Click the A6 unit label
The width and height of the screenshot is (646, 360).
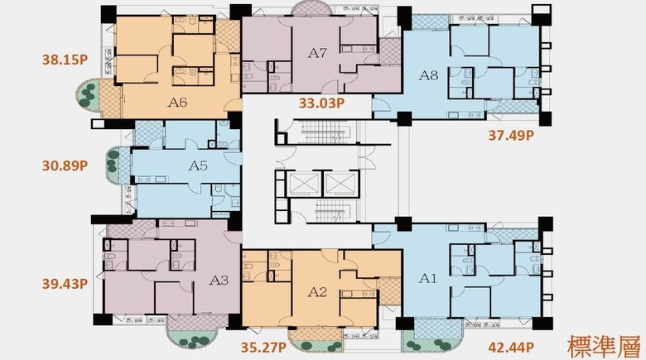point(177,102)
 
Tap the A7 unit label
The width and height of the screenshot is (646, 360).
point(317,53)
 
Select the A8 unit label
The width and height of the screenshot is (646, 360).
point(428,75)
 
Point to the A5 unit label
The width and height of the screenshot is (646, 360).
point(198,166)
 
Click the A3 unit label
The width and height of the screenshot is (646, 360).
point(219,280)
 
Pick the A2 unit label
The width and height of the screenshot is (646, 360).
point(317,292)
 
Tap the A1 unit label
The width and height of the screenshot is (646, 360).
point(427,278)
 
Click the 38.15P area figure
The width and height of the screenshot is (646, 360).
point(65,60)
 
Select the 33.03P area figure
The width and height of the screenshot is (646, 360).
point(321,103)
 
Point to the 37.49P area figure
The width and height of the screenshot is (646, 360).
point(511,135)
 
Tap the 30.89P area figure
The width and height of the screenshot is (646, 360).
point(65,166)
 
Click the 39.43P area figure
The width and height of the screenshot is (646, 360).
point(65,284)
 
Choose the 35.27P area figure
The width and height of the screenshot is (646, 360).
point(263,348)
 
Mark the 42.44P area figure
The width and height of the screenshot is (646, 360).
point(511,348)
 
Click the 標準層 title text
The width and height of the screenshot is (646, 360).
point(605,346)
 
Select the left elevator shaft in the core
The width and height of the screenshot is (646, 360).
point(303,183)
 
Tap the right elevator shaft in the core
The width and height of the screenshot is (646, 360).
point(341,183)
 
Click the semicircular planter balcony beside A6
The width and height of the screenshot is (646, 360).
point(88,95)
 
